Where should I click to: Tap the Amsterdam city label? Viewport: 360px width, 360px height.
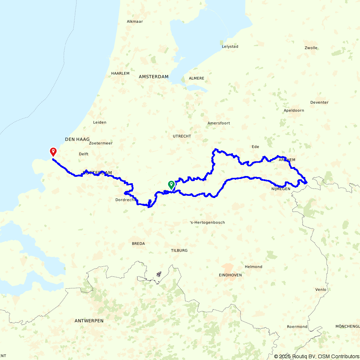click(154, 77)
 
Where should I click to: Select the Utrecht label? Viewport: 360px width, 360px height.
click(182, 136)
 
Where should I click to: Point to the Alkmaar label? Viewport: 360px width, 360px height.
click(135, 22)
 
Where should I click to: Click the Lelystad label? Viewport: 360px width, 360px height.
click(230, 46)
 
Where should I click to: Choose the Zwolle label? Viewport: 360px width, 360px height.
click(311, 48)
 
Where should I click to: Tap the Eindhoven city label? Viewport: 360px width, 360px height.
click(230, 275)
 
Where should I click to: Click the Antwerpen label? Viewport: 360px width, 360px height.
click(89, 320)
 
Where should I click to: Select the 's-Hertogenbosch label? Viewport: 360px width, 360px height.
click(207, 222)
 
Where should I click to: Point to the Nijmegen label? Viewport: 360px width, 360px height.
click(281, 189)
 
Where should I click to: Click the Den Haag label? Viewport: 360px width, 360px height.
click(77, 139)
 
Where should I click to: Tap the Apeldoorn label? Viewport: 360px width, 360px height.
click(294, 111)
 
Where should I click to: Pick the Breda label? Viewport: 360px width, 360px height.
click(138, 244)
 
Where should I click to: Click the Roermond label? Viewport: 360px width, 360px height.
click(297, 327)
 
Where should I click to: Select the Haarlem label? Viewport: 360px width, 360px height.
click(120, 73)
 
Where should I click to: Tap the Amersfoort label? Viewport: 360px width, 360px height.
click(219, 123)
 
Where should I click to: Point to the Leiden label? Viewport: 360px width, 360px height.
click(100, 122)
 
